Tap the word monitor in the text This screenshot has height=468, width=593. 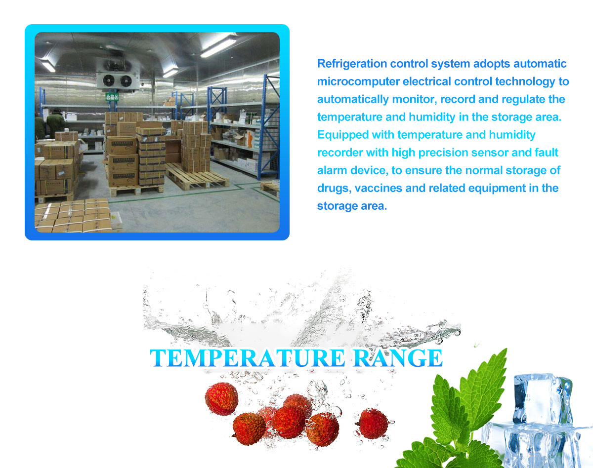tap(413, 100)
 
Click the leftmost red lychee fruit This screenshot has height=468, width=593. tap(221, 398)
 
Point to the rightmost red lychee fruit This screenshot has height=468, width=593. tap(373, 423)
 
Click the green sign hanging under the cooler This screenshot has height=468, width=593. tap(112, 97)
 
